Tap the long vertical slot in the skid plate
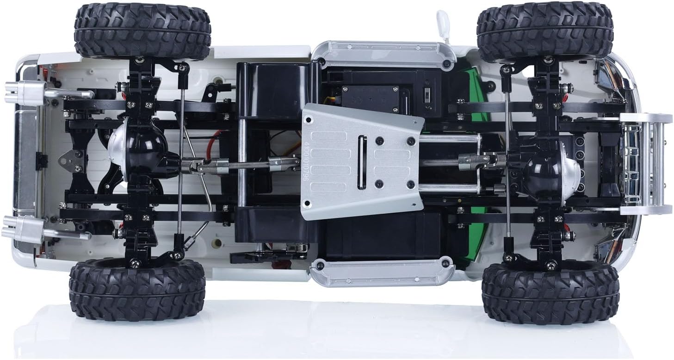click(x=362, y=162)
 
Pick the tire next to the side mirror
click(x=545, y=30)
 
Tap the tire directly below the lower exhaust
click(x=137, y=290)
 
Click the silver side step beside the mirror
click(x=382, y=55)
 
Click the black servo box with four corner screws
click(x=370, y=98)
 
